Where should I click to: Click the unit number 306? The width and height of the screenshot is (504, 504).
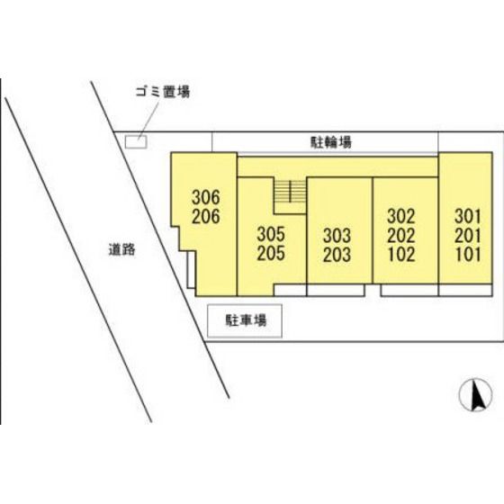206,197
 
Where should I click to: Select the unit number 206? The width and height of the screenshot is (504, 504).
206,216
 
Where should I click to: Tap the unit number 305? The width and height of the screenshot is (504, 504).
271,234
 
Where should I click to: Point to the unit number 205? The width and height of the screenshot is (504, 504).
271,253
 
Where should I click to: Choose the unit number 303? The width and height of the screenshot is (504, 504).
337,236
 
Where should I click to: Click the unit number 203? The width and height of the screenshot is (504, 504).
337,255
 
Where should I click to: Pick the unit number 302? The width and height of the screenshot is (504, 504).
401,216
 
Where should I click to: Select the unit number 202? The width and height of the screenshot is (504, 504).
401,235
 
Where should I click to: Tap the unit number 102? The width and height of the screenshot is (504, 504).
401,254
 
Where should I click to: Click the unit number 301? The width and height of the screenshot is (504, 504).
468,216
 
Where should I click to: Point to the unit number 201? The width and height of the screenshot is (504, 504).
468,235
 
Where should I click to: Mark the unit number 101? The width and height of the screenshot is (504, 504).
468,254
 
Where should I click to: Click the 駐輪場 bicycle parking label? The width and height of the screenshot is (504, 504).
331,142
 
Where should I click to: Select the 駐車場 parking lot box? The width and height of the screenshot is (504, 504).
245,320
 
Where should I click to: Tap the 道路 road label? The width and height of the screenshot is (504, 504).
121,249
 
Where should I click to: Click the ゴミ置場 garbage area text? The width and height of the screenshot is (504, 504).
162,92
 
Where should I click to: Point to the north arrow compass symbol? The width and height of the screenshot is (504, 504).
476,395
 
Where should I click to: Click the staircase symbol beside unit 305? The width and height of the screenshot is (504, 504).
290,192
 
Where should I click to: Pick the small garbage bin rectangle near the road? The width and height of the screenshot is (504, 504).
136,142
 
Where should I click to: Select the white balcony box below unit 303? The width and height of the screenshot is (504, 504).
336,290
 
